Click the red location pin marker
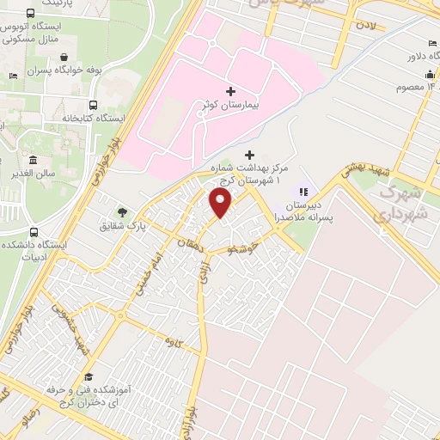point(221,203)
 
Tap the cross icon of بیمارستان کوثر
point(230,91)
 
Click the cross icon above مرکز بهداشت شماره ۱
point(250,155)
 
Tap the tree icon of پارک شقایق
point(122,211)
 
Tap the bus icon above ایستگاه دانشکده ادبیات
point(34,232)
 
